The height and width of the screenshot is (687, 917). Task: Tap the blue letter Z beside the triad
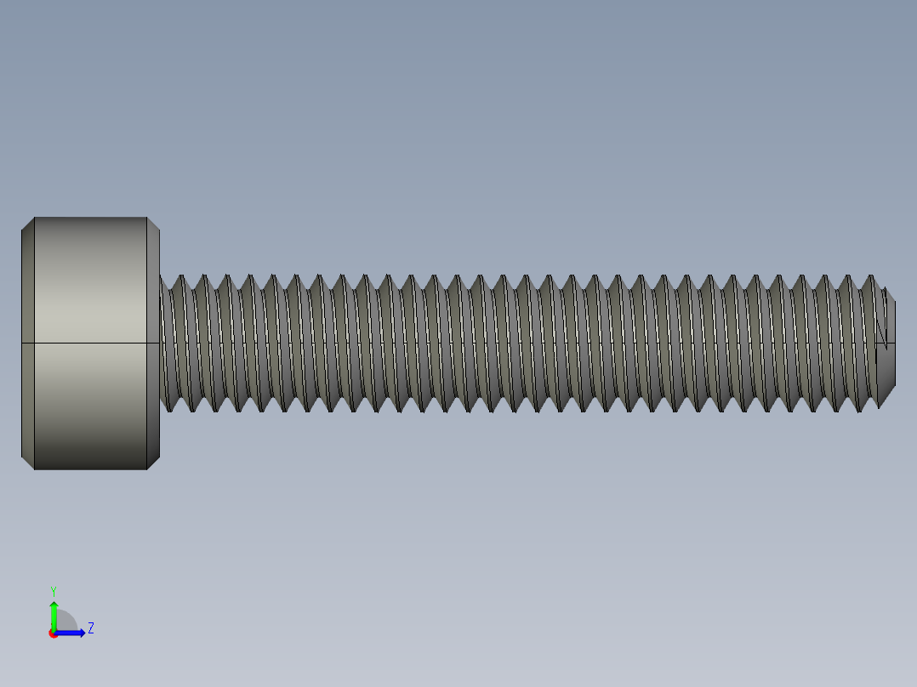(x=91, y=628)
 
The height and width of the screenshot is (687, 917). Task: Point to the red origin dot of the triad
(x=53, y=633)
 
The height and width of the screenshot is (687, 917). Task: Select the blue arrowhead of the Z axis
(x=81, y=633)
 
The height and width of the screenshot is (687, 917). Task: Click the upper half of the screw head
(x=90, y=281)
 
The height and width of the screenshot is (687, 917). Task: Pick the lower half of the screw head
(x=90, y=406)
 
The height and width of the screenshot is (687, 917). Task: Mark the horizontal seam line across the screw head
(x=90, y=343)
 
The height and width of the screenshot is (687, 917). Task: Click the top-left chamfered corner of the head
(x=28, y=223)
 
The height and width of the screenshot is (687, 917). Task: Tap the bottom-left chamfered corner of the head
(x=28, y=463)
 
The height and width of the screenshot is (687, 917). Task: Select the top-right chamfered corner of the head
(x=153, y=223)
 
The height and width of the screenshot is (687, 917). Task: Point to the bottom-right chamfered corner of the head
(x=153, y=463)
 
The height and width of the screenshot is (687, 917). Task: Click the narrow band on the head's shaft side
(x=153, y=343)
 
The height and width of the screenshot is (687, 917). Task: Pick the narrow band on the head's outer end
(x=28, y=343)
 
